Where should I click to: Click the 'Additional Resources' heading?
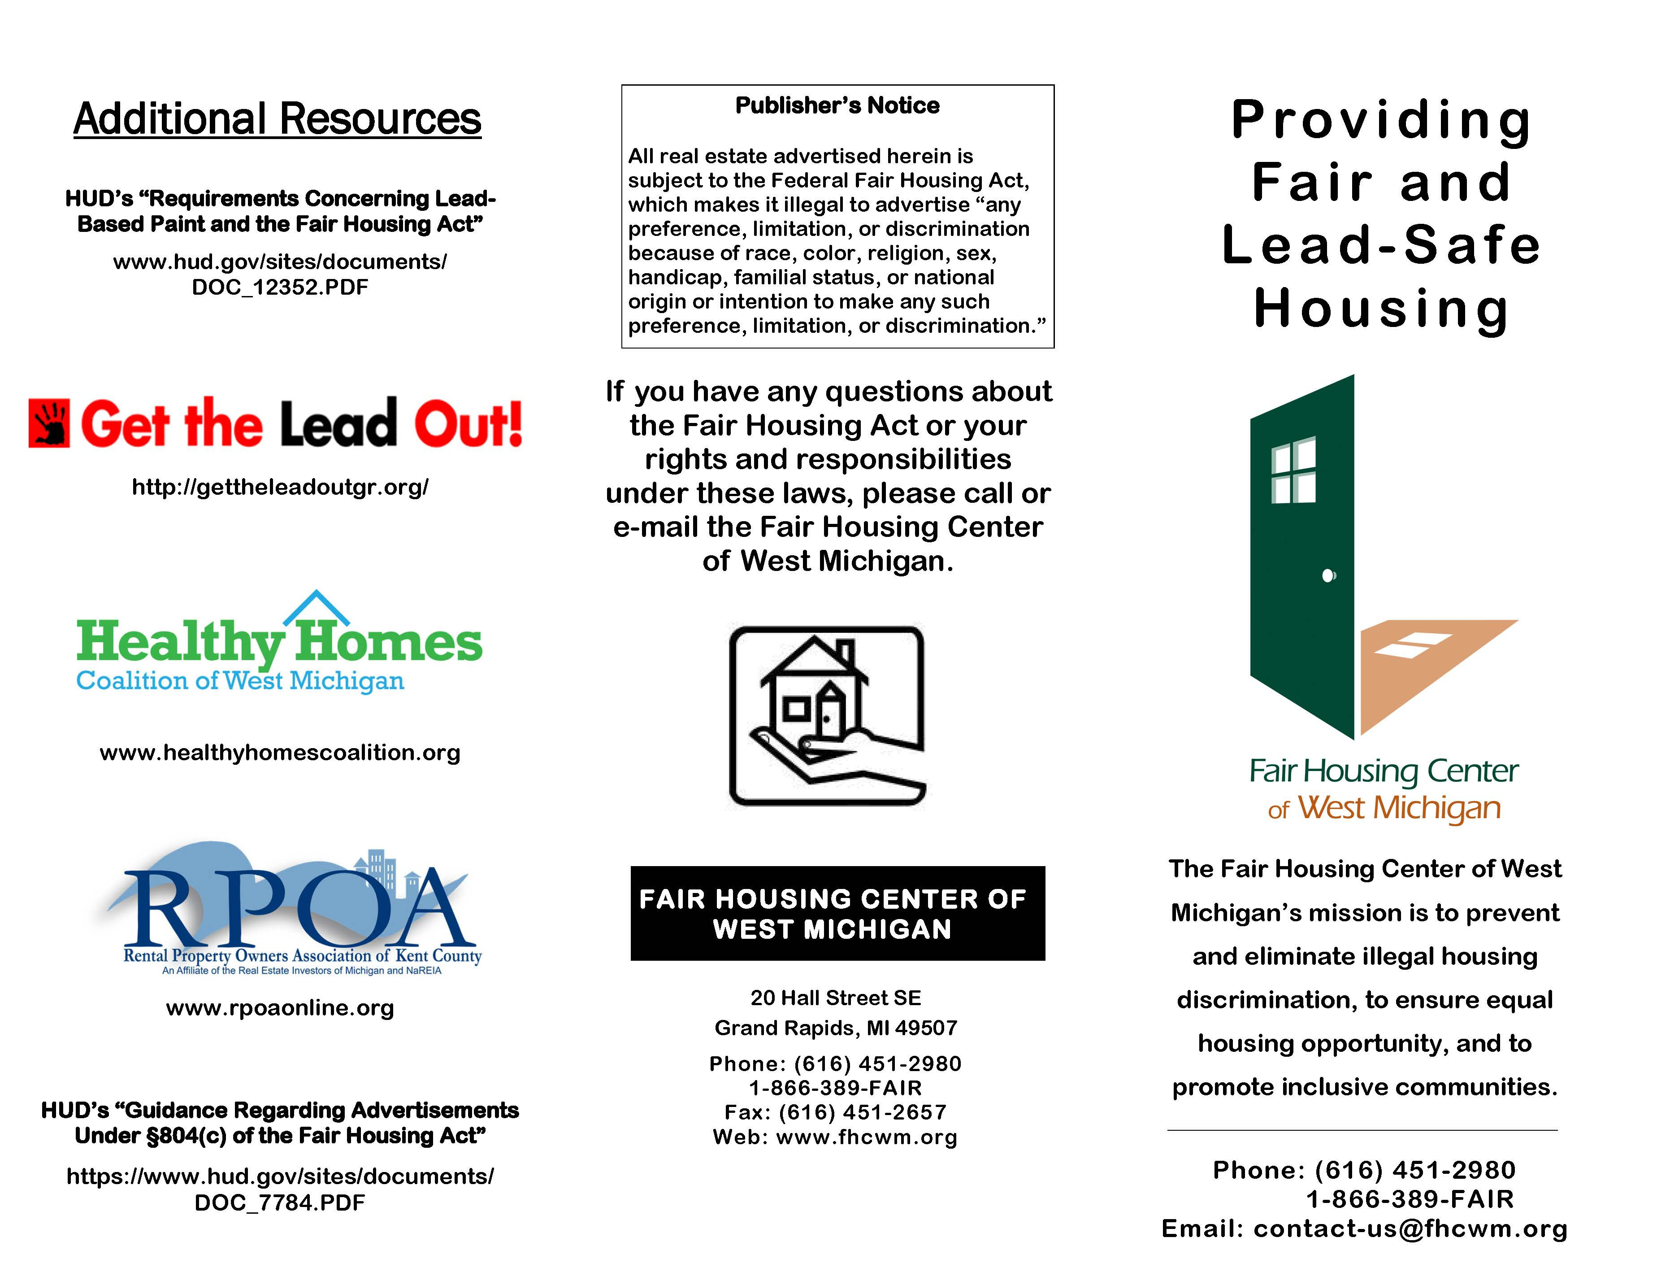tap(277, 119)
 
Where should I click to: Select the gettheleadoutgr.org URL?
tap(280, 487)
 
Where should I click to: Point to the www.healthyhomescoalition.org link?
tap(280, 752)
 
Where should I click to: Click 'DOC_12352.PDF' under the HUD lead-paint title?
tap(280, 288)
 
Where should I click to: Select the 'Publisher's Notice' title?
tap(837, 105)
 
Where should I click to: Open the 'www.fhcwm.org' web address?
tap(867, 1137)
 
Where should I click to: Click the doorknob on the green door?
tap(1328, 576)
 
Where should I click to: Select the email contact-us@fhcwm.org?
tap(1410, 1229)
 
